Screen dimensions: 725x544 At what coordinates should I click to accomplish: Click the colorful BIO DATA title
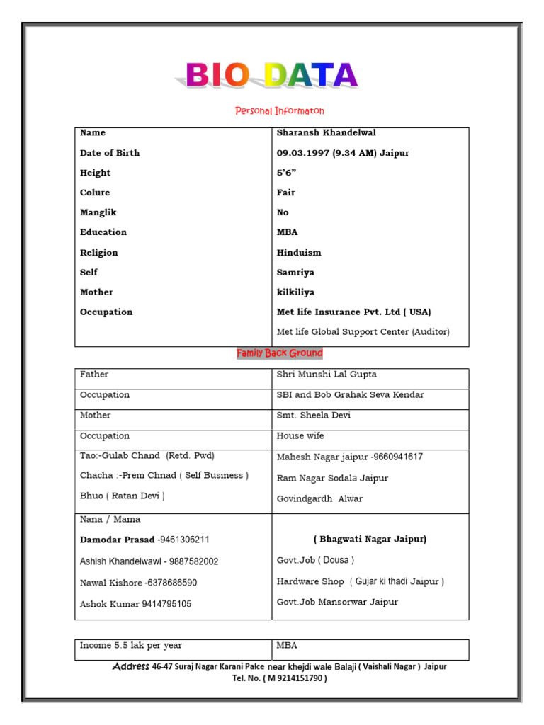click(x=271, y=75)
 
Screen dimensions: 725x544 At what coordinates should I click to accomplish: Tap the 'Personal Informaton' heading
click(x=280, y=111)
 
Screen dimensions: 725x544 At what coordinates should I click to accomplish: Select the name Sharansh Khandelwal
click(x=326, y=132)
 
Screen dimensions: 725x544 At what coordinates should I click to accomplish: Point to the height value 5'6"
click(x=285, y=173)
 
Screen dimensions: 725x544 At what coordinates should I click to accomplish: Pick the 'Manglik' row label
click(x=98, y=212)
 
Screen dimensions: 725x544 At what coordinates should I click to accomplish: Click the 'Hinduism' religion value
click(x=298, y=252)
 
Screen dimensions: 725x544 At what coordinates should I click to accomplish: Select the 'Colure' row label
click(x=95, y=193)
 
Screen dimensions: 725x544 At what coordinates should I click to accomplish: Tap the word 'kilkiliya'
click(x=295, y=292)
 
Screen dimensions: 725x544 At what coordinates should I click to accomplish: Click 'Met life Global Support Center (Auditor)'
click(x=363, y=331)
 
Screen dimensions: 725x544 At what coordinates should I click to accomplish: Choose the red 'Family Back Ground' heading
click(x=279, y=353)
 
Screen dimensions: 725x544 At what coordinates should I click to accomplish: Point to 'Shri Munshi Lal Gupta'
click(x=327, y=375)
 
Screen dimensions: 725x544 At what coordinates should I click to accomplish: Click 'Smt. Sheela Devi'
click(x=313, y=416)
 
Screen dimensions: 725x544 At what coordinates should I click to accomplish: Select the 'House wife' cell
click(x=300, y=436)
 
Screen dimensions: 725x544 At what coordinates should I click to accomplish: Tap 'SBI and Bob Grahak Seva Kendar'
click(x=350, y=395)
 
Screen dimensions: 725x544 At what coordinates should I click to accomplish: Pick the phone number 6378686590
click(x=171, y=583)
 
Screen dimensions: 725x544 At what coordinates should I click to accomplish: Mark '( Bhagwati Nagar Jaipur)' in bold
click(x=370, y=540)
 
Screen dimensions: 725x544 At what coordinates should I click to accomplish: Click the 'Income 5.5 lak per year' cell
click(x=131, y=646)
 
